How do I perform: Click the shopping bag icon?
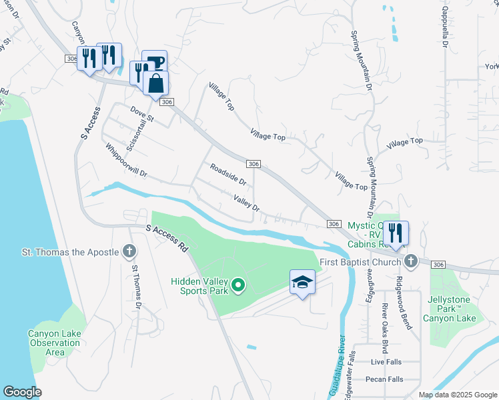155,84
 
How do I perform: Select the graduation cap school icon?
302,282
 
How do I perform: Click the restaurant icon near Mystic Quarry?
396,233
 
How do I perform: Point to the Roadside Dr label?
228,174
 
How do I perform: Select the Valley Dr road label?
245,203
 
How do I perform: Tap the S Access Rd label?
167,237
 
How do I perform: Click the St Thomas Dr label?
136,287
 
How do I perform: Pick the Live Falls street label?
387,361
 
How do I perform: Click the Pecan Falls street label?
384,379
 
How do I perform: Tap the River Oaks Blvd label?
384,320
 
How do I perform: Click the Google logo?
23,392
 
